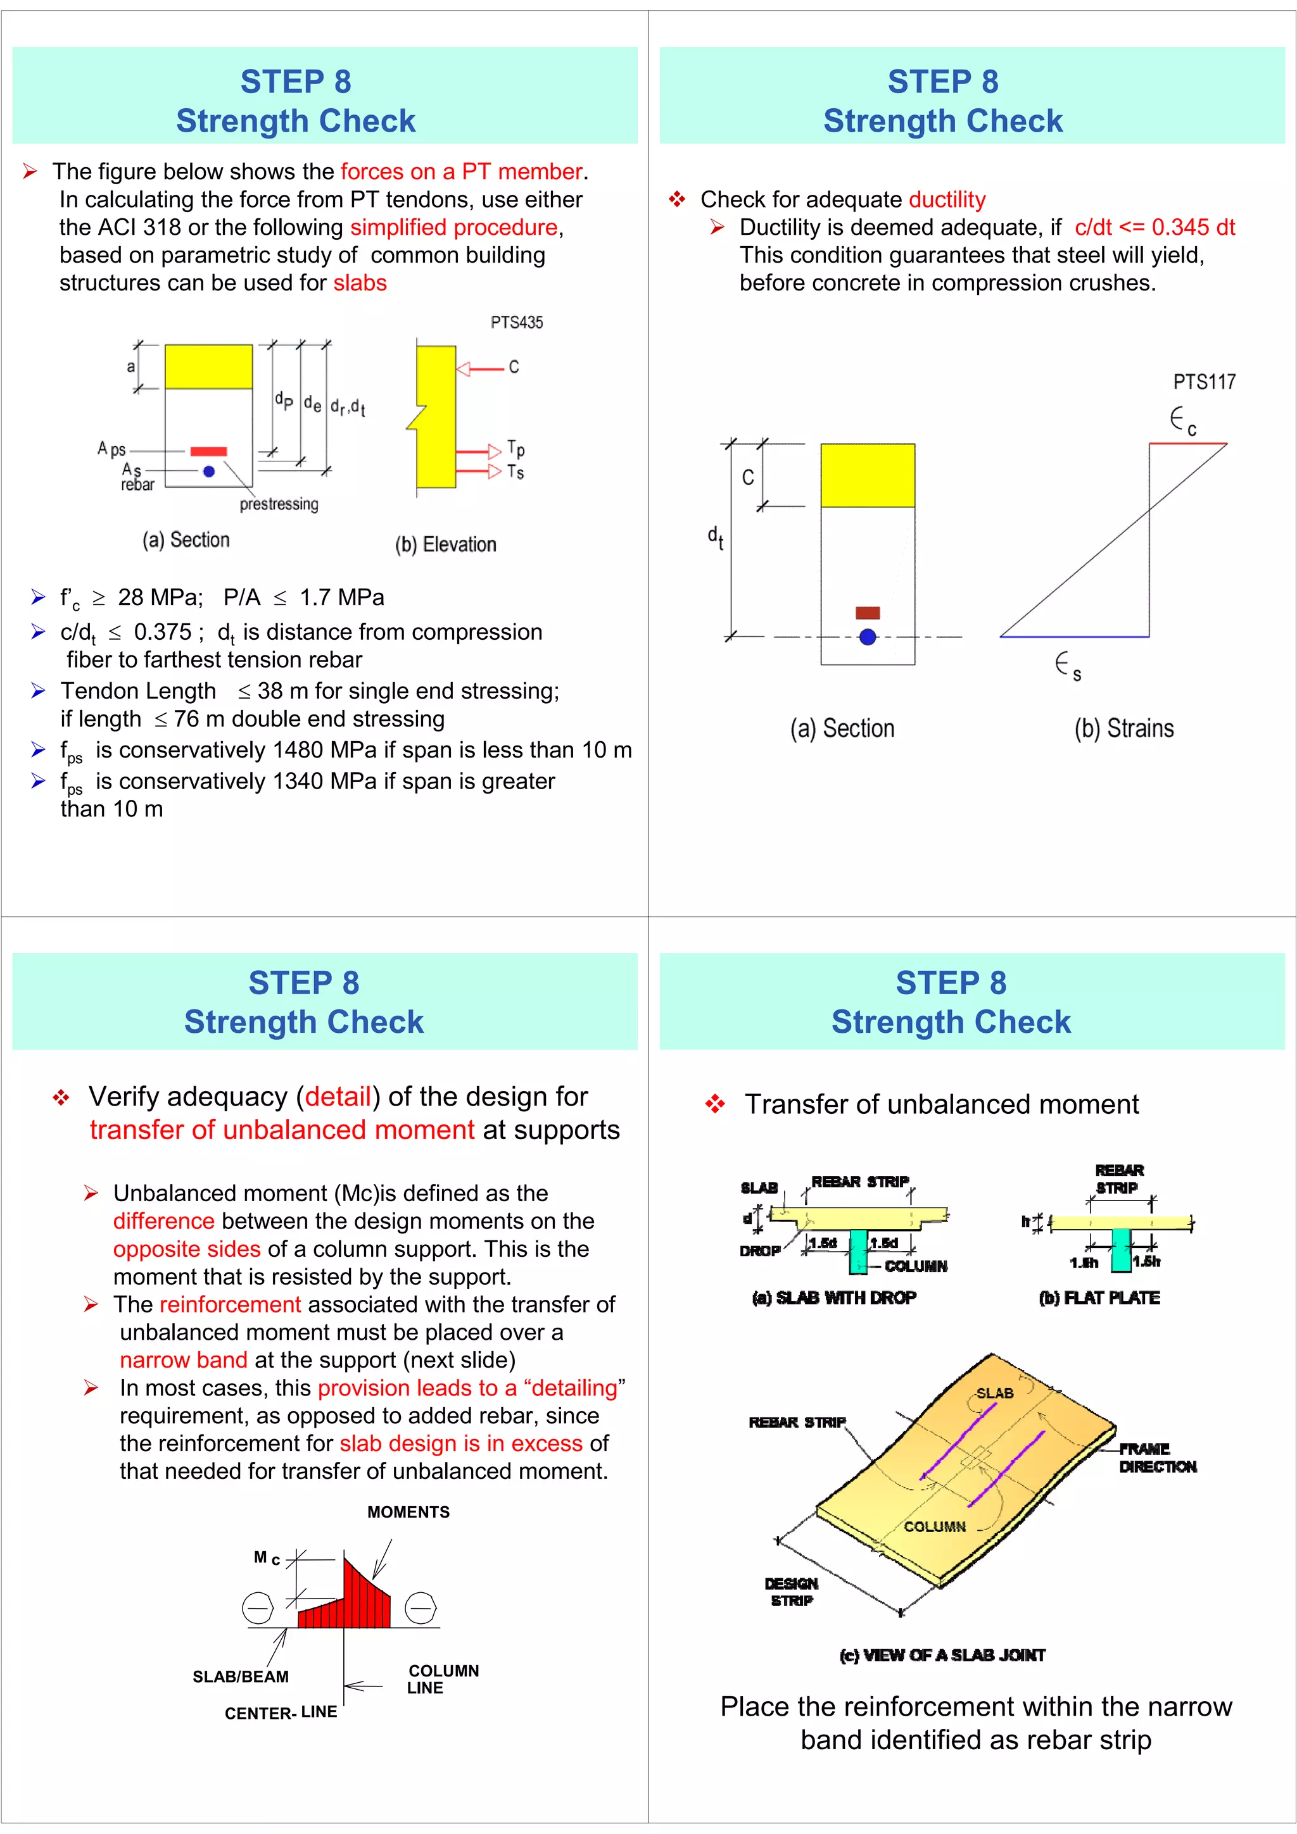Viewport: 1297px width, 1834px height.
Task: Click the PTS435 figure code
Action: click(x=516, y=323)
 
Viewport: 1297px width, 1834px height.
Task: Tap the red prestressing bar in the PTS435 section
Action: click(x=208, y=451)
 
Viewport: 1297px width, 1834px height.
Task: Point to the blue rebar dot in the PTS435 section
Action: click(x=208, y=471)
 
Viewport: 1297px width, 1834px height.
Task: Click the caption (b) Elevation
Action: click(x=445, y=545)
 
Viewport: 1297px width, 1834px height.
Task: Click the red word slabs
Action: click(x=360, y=283)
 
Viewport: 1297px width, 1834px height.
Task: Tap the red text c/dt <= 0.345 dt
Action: click(x=1154, y=228)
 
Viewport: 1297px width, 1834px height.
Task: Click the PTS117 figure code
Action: click(x=1203, y=382)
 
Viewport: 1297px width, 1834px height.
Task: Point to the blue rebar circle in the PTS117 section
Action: click(x=867, y=637)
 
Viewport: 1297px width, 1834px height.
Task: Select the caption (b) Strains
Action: click(x=1123, y=728)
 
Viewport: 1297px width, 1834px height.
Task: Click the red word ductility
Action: click(x=947, y=200)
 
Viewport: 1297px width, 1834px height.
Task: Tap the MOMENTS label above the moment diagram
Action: click(x=408, y=1512)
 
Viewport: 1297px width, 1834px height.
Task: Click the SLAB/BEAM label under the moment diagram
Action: click(x=241, y=1676)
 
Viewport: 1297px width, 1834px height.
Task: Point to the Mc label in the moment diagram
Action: click(x=266, y=1557)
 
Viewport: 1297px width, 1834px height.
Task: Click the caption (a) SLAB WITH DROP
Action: click(x=833, y=1298)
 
